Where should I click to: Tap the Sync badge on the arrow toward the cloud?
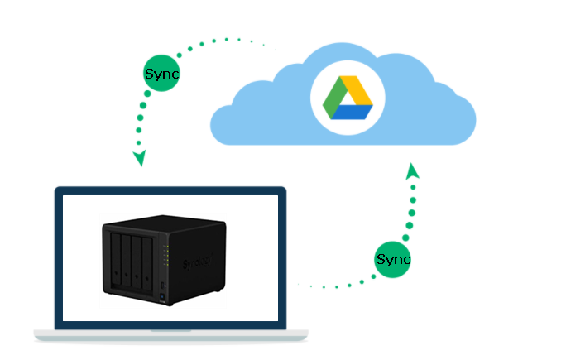pyautogui.click(x=392, y=259)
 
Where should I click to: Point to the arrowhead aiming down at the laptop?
pyautogui.click(x=139, y=157)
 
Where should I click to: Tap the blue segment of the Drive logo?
pyautogui.click(x=355, y=112)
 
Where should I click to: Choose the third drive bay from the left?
pyautogui.click(x=141, y=266)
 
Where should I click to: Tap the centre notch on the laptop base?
pyautogui.click(x=170, y=331)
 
